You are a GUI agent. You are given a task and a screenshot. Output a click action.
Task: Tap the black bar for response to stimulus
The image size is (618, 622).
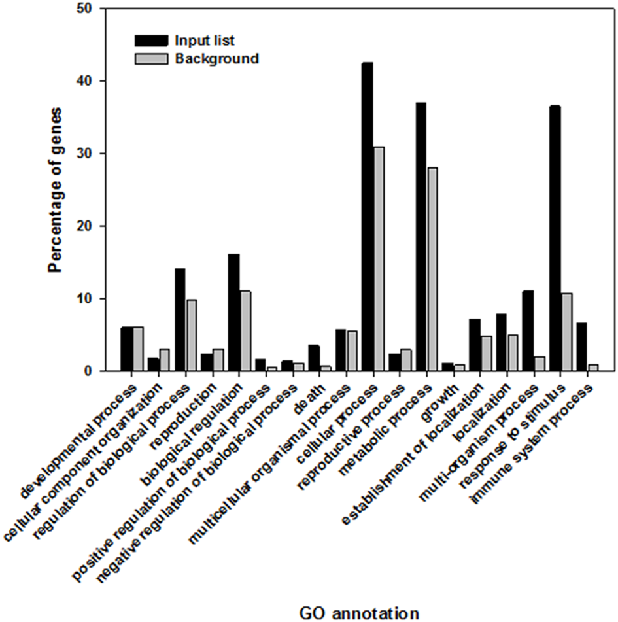pos(555,239)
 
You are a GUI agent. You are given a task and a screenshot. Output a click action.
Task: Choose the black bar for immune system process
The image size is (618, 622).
pos(581,347)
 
